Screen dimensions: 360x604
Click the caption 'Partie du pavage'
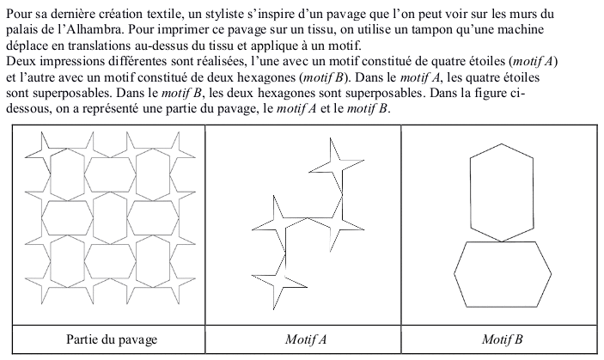[x=112, y=340]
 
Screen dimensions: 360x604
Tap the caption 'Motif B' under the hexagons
[x=501, y=340]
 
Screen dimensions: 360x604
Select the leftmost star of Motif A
[x=267, y=218]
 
